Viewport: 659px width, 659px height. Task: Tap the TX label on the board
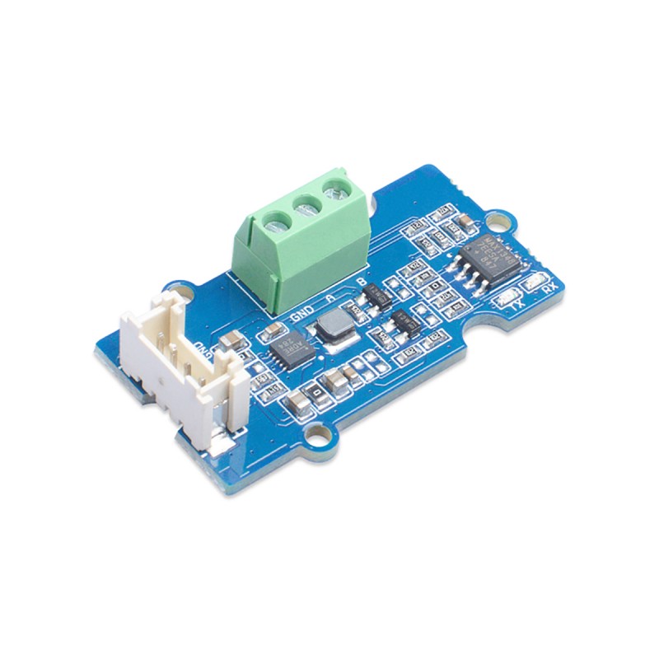click(x=519, y=302)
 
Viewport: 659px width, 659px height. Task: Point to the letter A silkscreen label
click(x=331, y=297)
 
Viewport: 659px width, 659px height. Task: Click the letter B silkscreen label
click(x=361, y=283)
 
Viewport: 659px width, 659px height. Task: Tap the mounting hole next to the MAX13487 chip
click(x=498, y=222)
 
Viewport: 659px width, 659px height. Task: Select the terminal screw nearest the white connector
click(x=277, y=219)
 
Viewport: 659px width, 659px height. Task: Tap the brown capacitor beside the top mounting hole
click(x=464, y=220)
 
